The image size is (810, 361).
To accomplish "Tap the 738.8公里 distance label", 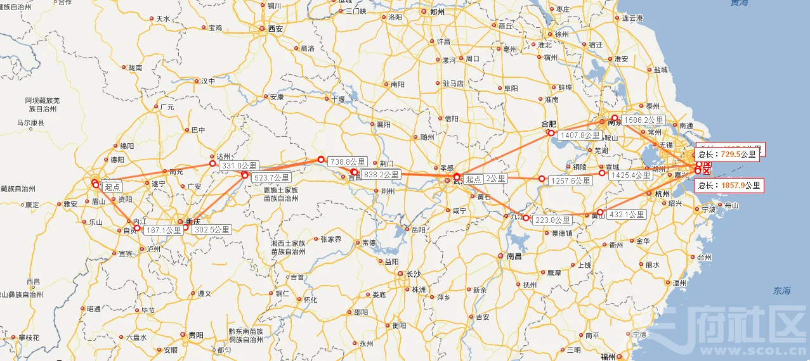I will click(348, 163).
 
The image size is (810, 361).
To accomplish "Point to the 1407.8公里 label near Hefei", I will click(580, 135).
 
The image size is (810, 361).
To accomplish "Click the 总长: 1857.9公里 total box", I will click(729, 186).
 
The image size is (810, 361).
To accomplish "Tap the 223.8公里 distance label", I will click(552, 220).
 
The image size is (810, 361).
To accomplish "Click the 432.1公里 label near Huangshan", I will click(627, 215).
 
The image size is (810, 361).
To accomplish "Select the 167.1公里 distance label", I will click(163, 230).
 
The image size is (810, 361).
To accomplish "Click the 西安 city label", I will click(275, 28).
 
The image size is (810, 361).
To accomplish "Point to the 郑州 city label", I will click(437, 12).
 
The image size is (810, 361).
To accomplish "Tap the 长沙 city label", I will click(413, 274).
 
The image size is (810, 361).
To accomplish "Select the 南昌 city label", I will click(514, 256).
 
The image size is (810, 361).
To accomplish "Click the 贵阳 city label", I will click(195, 335).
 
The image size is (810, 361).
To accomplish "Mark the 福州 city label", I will click(608, 357).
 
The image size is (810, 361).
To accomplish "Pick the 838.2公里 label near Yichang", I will click(381, 174).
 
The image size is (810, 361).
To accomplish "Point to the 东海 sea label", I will click(781, 291).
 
